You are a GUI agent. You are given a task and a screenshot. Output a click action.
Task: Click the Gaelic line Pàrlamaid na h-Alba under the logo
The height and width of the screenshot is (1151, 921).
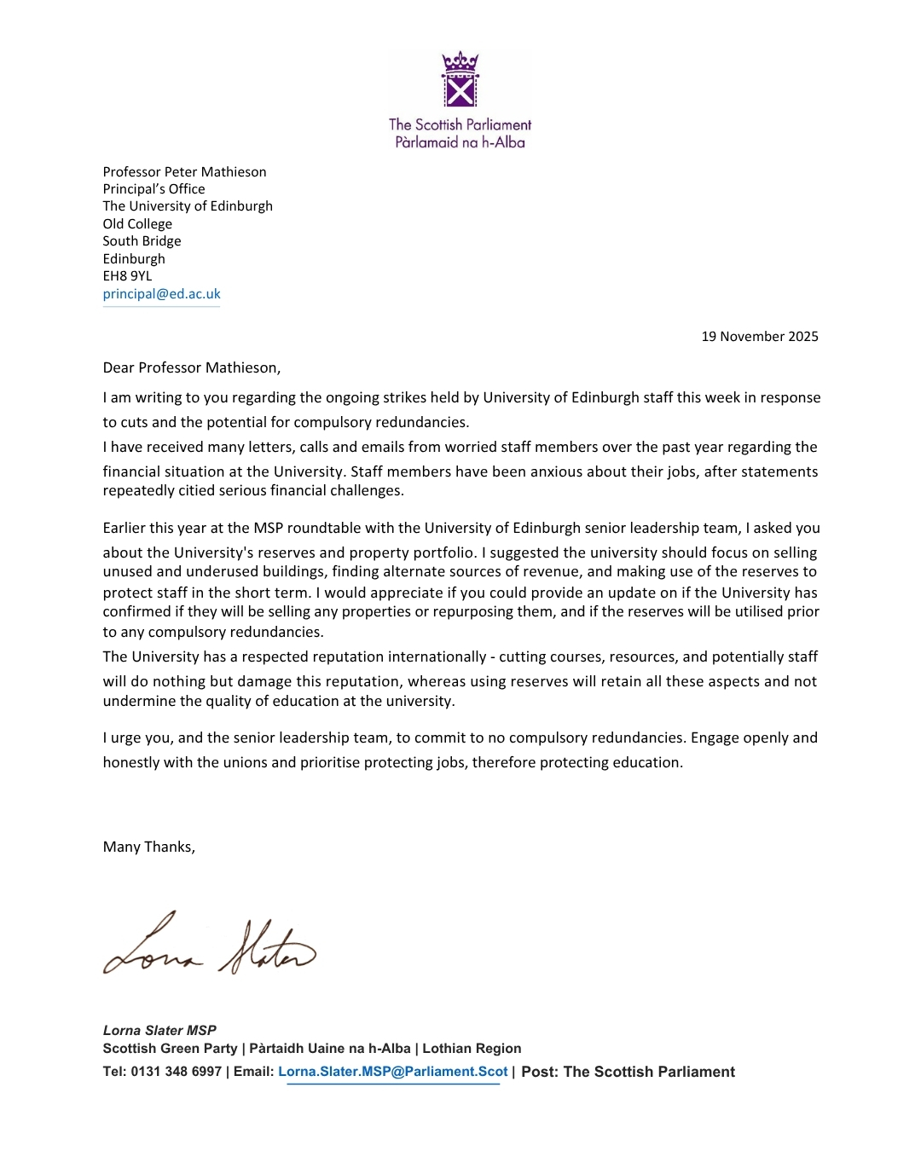coord(460,142)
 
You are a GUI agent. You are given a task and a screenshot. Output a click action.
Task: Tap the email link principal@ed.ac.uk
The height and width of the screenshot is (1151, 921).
coord(161,294)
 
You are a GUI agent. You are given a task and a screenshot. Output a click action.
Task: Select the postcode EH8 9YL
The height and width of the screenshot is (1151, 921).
coord(127,276)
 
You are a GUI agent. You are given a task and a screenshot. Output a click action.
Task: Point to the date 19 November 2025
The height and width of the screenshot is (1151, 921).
coord(759,337)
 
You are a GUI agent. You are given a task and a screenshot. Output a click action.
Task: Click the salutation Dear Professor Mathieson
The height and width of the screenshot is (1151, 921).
coord(191,368)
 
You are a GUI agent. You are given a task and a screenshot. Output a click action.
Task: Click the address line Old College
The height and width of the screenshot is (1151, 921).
coord(137,224)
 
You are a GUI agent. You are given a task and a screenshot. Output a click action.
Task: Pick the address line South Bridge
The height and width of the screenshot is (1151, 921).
coord(142,241)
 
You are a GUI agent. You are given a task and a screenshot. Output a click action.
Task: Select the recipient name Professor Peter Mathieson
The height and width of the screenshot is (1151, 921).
coord(184,172)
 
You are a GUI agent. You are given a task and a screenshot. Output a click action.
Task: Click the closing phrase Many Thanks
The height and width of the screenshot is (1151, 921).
coord(148,847)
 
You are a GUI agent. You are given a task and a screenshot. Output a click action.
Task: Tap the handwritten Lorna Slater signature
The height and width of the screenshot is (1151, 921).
coord(210,945)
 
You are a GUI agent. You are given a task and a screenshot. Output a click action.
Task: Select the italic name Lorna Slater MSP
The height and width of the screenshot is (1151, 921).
coord(159,1031)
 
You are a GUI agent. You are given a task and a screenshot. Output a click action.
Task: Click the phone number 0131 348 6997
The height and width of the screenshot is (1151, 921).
coord(176,1073)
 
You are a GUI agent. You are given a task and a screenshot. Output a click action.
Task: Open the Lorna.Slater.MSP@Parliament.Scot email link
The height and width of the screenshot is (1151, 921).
coord(392,1073)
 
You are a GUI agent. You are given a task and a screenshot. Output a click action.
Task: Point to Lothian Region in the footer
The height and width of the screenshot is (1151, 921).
coord(472,1049)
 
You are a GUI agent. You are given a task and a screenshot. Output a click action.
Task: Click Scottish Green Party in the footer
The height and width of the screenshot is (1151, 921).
coord(170,1049)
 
